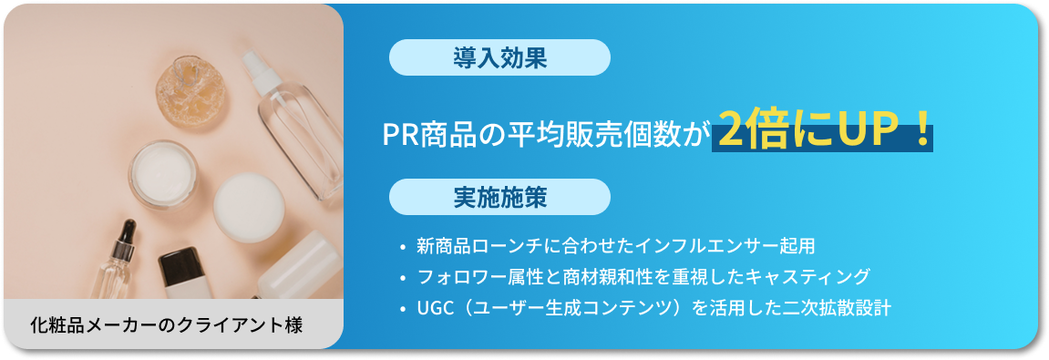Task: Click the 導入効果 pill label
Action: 499,59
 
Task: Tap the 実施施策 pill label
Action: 499,197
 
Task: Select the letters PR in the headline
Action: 399,135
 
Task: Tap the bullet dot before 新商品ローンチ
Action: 402,247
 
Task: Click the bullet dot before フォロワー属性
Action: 402,277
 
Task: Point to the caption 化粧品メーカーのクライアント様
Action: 166,324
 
